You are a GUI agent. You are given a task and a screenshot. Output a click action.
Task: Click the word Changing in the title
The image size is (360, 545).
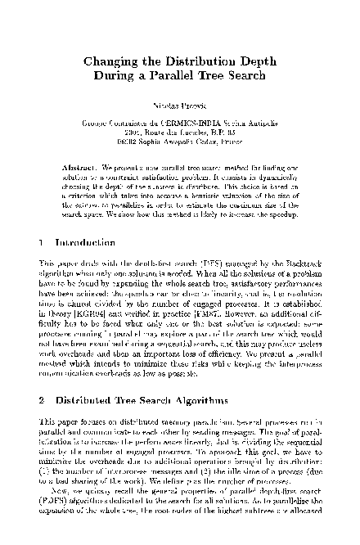click(114, 61)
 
